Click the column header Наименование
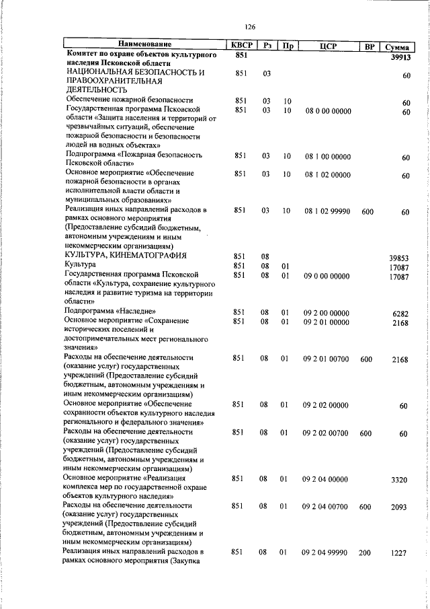[146, 46]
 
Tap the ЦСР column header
[328, 46]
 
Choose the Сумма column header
[398, 46]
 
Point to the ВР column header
[369, 46]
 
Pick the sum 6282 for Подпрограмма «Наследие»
[400, 313]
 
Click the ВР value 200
[366, 552]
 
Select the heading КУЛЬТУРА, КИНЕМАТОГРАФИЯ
[124, 256]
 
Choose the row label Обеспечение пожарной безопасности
[128, 100]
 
